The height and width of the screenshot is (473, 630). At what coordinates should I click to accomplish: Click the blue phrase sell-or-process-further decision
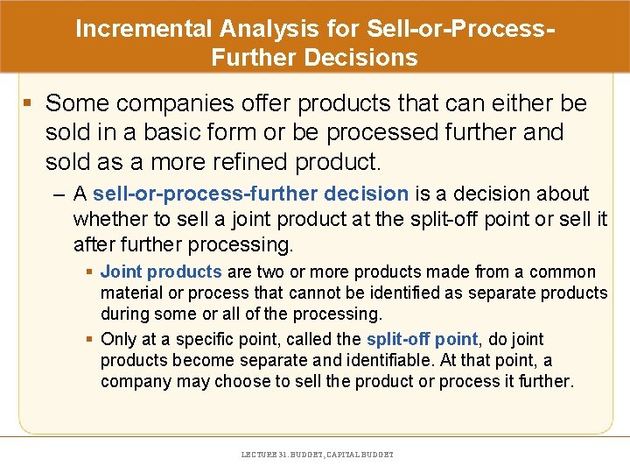coord(250,194)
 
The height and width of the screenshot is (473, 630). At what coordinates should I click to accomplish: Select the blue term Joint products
coord(161,272)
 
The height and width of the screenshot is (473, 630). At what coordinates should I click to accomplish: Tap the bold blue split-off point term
coord(422,339)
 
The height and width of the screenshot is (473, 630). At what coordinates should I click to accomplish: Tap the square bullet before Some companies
coord(28,104)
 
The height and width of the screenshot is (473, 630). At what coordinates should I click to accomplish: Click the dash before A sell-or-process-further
coord(59,194)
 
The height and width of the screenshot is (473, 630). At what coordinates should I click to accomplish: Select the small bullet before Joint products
coord(90,272)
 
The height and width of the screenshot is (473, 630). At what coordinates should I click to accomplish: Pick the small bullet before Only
coord(90,339)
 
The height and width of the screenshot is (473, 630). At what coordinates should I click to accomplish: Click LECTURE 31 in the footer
coord(262,455)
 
